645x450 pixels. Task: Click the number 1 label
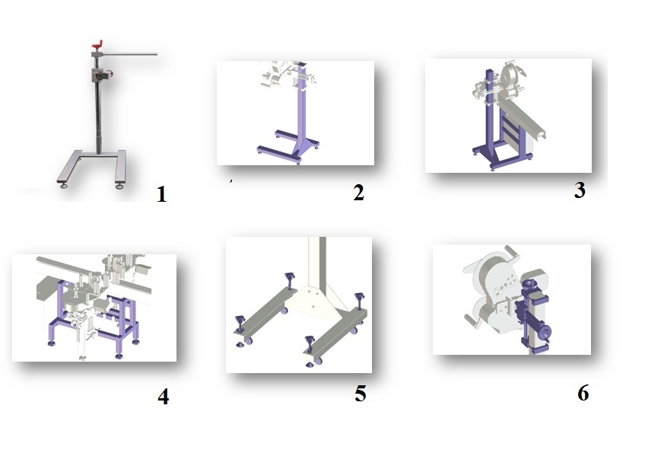pyautogui.click(x=162, y=194)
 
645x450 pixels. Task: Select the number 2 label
pyautogui.click(x=359, y=193)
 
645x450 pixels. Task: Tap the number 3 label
pyautogui.click(x=580, y=190)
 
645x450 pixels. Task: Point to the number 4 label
pyautogui.click(x=164, y=397)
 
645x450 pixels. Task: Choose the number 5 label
pyautogui.click(x=361, y=394)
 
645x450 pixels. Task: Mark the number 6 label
pyautogui.click(x=583, y=393)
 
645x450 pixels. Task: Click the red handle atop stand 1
pyautogui.click(x=97, y=44)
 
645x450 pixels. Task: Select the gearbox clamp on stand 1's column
pyautogui.click(x=100, y=75)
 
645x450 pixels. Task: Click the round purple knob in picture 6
pyautogui.click(x=546, y=332)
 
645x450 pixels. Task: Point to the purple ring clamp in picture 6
pyautogui.click(x=526, y=285)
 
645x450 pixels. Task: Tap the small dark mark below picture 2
pyautogui.click(x=230, y=180)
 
